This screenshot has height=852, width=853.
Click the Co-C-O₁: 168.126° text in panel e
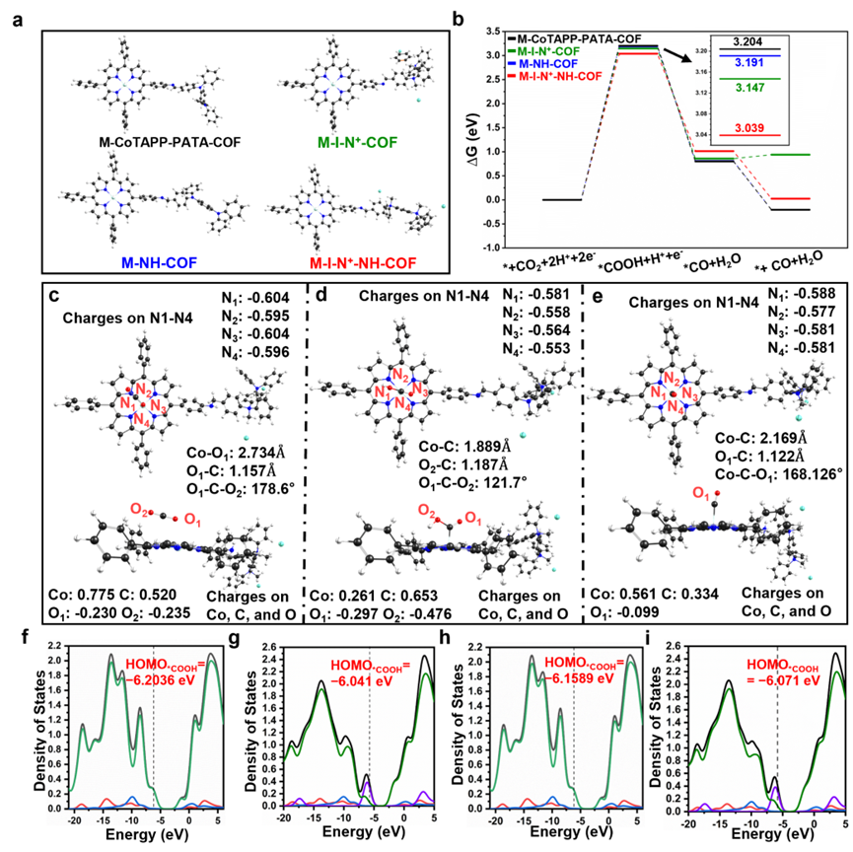(x=779, y=472)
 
